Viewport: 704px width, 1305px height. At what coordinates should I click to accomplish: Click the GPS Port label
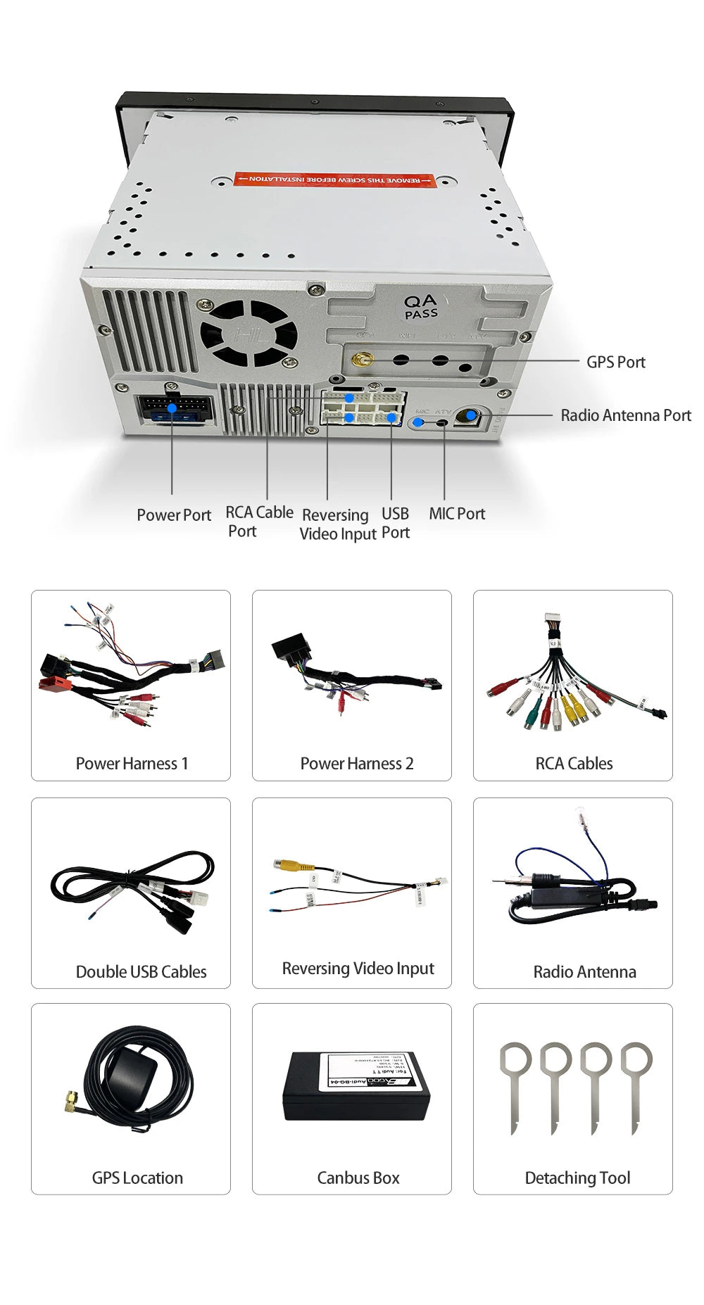pos(615,362)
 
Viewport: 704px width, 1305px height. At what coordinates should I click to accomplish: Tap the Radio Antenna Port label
pos(625,415)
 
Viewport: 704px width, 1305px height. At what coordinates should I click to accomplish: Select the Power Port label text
pos(174,515)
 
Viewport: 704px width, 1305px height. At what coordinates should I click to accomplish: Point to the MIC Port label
pos(457,514)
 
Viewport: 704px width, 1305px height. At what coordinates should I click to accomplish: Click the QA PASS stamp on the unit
pos(421,307)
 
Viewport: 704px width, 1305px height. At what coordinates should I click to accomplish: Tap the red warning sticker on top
pos(335,180)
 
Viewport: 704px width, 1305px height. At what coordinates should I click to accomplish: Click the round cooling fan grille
pos(249,334)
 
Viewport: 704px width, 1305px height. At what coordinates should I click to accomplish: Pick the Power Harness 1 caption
pos(132,764)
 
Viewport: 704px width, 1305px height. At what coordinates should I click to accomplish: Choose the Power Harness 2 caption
pos(357,764)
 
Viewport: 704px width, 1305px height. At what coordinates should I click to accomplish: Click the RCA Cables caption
pos(574,764)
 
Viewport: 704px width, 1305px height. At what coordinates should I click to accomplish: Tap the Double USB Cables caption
pos(141,972)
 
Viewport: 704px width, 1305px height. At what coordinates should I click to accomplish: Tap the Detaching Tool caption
pos(577,1178)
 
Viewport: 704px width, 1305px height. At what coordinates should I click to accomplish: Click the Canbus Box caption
pos(358,1178)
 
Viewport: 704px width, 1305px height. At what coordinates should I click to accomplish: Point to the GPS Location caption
pos(137,1178)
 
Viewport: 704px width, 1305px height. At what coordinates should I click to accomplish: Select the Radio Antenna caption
pos(584,972)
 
